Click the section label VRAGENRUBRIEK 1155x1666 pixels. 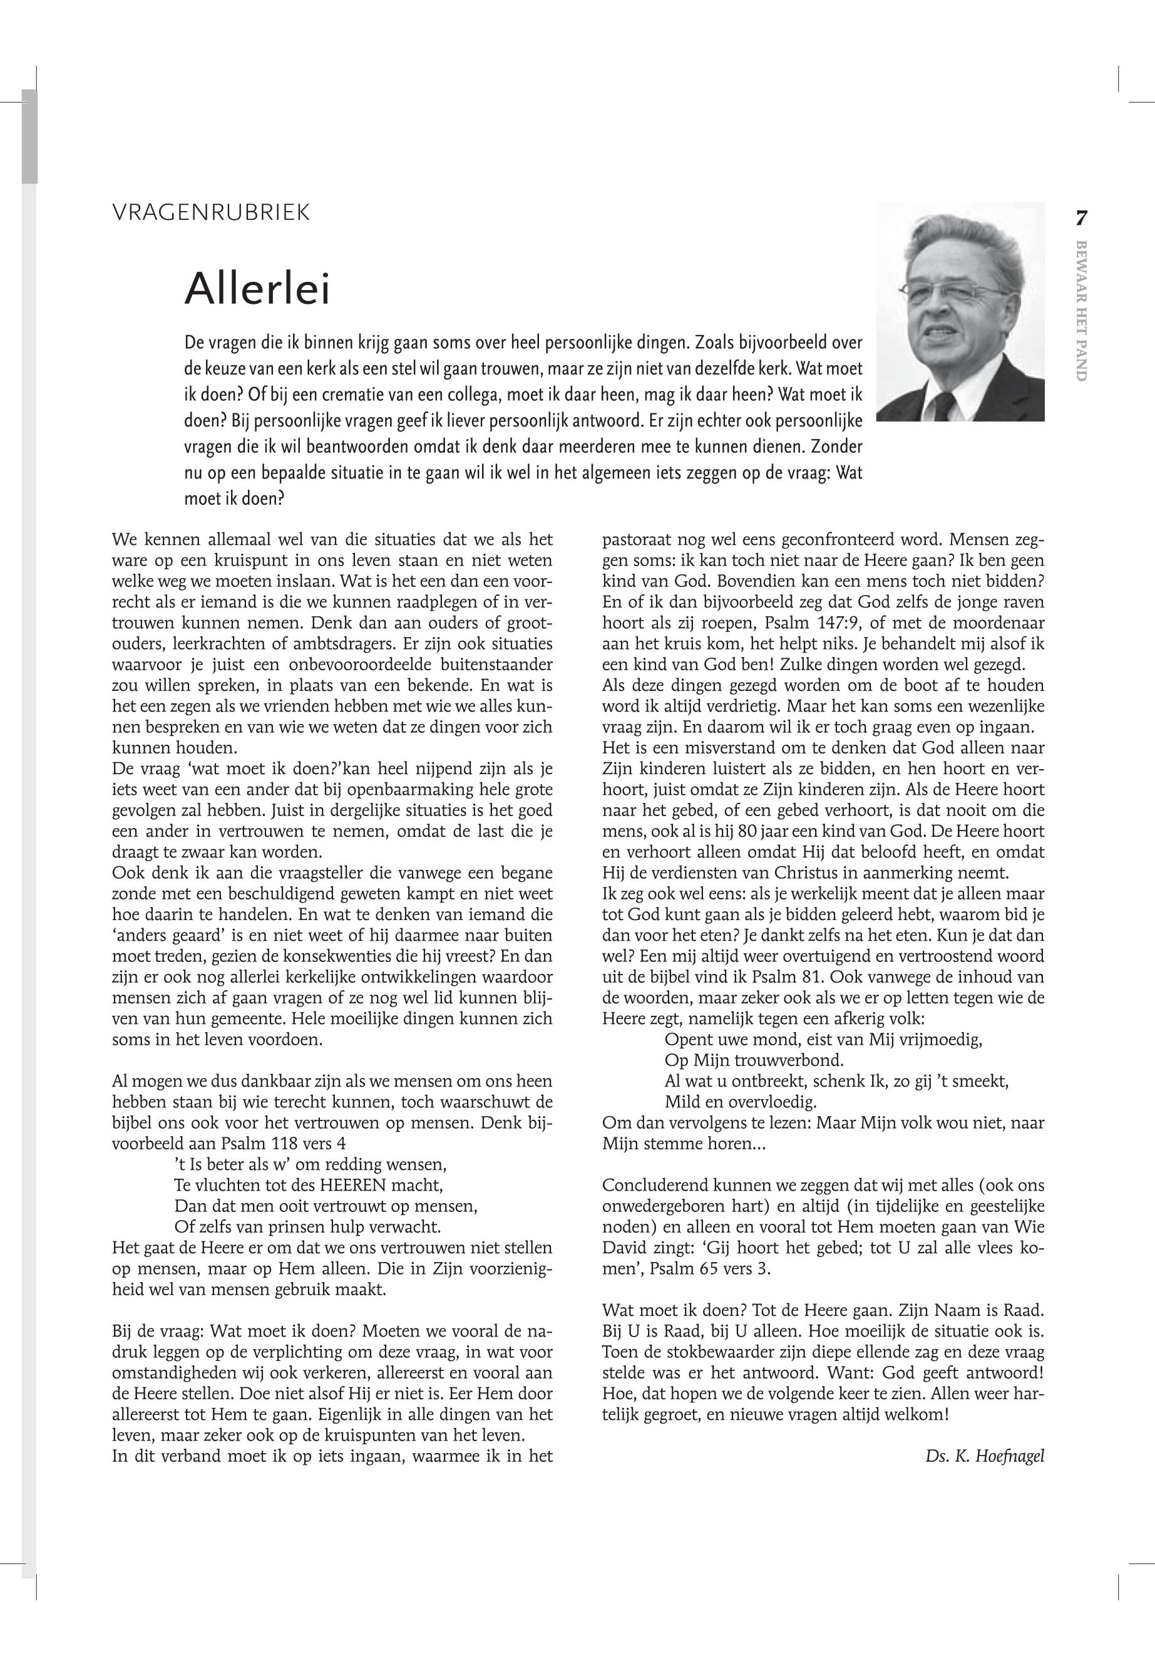click(x=212, y=213)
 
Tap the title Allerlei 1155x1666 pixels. click(x=258, y=289)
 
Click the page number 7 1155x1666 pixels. click(x=1081, y=218)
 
